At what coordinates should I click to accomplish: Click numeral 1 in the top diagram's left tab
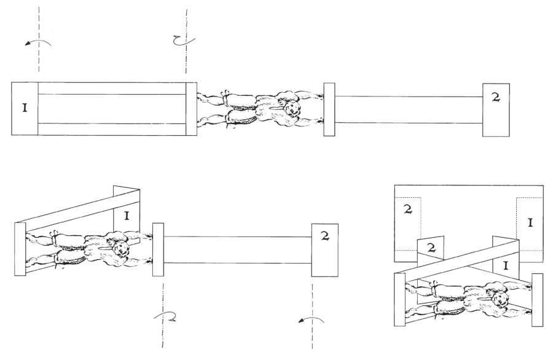coord(25,108)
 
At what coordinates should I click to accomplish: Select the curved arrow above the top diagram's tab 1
coord(38,42)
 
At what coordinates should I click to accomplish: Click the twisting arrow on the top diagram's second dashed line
coord(184,40)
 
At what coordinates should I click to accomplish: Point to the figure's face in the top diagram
coord(292,107)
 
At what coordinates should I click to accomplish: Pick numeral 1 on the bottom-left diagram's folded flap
coord(127,215)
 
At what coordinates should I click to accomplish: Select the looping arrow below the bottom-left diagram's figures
coord(165,316)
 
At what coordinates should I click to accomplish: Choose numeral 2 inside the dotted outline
coord(407,209)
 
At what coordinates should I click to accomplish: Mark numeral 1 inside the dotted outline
coord(530,222)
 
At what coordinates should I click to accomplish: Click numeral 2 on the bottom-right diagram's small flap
coord(431,248)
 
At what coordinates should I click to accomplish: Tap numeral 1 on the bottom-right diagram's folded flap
coord(506,265)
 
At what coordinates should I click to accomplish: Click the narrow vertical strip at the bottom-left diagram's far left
coord(20,249)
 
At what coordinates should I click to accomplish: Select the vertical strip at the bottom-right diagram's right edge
coord(537,300)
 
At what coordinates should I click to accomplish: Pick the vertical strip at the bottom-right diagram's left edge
coord(399,300)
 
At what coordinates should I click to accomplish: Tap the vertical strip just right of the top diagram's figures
coord(329,109)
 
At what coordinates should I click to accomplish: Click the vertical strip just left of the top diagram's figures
coord(192,109)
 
